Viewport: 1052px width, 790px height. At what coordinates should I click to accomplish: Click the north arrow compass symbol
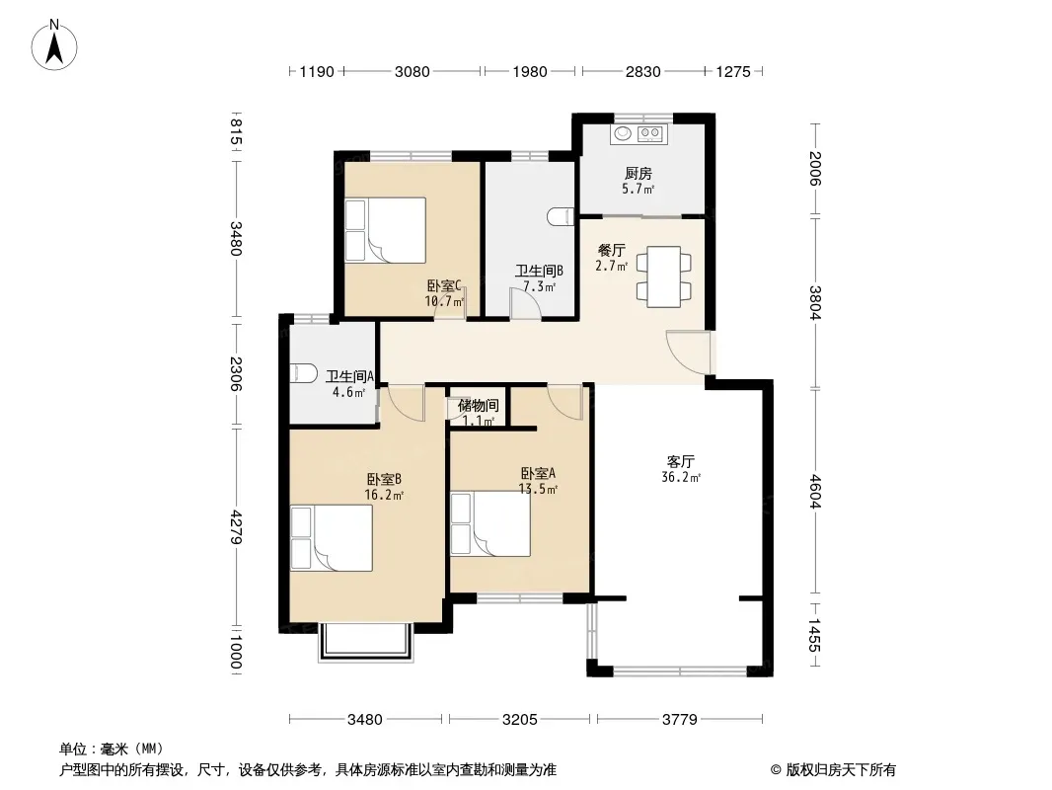[x=54, y=45]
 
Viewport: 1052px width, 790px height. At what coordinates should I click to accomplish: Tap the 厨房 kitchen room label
[x=639, y=174]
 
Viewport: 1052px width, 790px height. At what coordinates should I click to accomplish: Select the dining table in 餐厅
[x=663, y=276]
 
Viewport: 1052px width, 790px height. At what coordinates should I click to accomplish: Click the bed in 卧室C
[x=386, y=229]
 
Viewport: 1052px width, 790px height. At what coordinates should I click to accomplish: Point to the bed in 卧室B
[x=332, y=538]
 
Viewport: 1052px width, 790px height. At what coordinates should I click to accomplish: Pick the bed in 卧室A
[x=490, y=523]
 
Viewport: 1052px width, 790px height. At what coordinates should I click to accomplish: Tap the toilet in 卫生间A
[x=303, y=373]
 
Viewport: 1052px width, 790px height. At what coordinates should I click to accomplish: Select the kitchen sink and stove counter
[x=639, y=133]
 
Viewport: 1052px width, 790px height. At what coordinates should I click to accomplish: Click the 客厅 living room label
[x=680, y=462]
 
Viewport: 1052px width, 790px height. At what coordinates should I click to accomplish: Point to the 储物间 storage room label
[x=479, y=406]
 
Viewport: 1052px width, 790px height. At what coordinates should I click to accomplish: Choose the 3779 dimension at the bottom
[x=680, y=720]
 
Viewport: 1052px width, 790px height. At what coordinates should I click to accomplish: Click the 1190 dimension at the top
[x=316, y=72]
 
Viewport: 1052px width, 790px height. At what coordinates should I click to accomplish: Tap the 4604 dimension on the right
[x=814, y=492]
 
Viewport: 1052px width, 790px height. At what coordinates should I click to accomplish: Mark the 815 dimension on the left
[x=236, y=132]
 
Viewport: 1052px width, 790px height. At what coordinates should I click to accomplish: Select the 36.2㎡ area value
[x=681, y=478]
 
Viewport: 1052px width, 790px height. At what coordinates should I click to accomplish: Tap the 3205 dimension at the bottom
[x=520, y=720]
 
